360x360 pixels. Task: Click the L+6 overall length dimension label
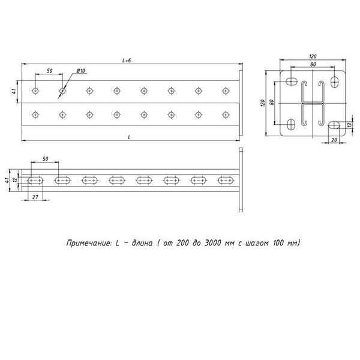126,60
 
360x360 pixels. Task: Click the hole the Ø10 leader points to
62,91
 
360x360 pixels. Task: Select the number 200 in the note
185,243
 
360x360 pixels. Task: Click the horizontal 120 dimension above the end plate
313,56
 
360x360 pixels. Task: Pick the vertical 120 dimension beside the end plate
263,103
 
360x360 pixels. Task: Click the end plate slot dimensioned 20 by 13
334,125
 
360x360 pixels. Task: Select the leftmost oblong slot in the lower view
35,180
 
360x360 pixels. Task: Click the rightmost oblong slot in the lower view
226,180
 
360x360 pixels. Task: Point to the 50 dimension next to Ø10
49,71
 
